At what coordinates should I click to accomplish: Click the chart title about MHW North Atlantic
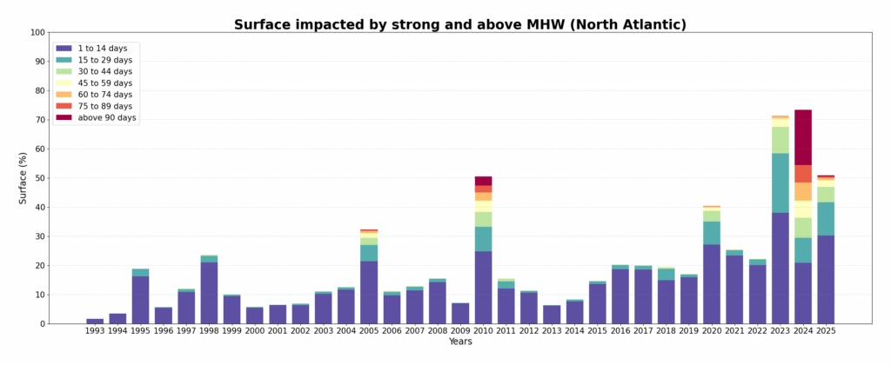459,24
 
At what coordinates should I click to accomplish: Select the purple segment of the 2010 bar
483,287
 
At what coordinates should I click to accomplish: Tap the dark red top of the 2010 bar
483,181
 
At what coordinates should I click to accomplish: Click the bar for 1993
95,321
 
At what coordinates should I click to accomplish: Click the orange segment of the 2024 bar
803,191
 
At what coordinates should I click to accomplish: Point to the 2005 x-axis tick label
369,331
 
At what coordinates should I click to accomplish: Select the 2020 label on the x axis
712,331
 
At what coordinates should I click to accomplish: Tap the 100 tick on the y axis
37,33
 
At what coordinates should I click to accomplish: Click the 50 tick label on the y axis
39,178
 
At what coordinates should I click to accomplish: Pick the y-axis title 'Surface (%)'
23,178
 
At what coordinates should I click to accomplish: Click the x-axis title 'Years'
460,342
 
